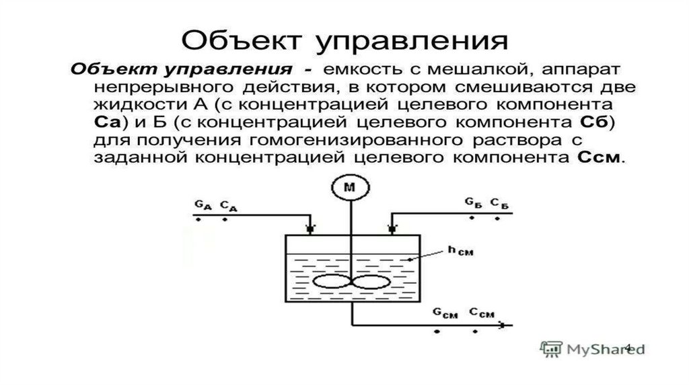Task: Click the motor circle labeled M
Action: point(349,189)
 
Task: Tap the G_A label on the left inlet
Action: point(200,203)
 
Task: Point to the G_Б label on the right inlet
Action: point(472,202)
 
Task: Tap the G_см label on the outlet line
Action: point(443,313)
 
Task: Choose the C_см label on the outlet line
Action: point(482,313)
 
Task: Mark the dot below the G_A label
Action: point(198,219)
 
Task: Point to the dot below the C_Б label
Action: point(498,218)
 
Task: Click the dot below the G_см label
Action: point(438,331)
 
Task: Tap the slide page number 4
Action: point(628,347)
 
